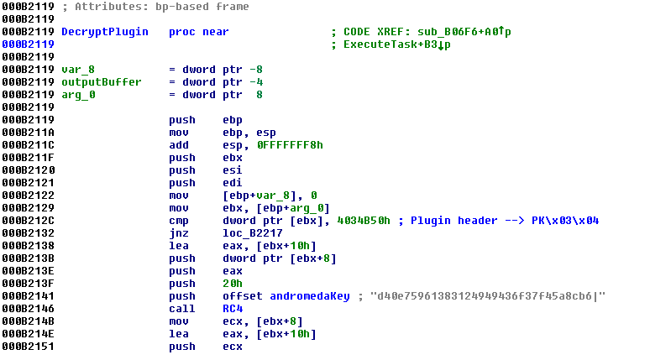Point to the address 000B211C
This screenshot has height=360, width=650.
[x=28, y=145]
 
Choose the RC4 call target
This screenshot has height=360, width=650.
[x=233, y=309]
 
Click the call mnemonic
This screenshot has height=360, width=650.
[x=181, y=309]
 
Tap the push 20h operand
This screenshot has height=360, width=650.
[x=233, y=284]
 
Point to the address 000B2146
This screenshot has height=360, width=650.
[x=28, y=309]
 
